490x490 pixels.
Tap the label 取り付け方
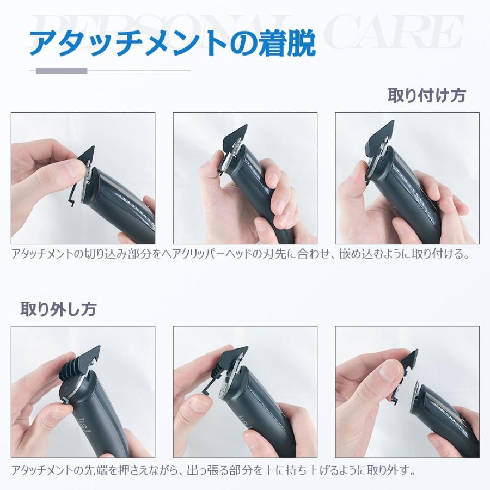pos(426,95)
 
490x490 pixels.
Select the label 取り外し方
pos(58,309)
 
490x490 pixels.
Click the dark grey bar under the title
pos(62,70)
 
